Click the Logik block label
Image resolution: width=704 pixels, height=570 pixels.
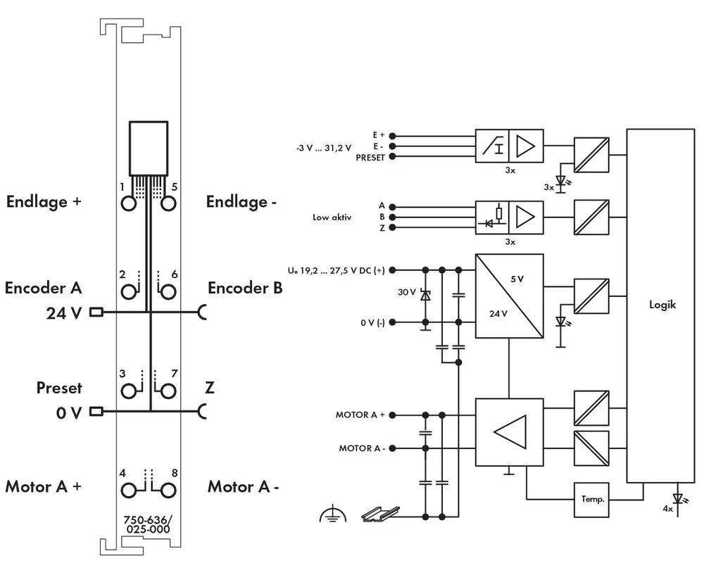point(662,305)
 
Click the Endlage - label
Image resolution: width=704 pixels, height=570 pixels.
point(241,202)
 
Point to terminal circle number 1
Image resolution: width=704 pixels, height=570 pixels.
point(129,203)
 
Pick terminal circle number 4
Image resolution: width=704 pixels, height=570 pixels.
point(129,490)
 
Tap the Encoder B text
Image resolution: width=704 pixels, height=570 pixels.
point(245,288)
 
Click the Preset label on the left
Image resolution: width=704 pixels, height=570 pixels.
point(59,388)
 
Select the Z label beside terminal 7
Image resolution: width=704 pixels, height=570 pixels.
point(210,388)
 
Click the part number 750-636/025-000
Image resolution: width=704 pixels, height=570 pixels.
point(148,525)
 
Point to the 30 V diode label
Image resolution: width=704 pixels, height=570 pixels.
point(408,291)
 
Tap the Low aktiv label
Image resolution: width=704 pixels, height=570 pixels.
point(332,217)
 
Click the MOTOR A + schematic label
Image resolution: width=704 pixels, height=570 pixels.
point(360,415)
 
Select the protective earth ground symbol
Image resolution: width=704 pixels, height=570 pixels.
point(333,515)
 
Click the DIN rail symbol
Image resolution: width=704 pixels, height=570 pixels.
point(380,514)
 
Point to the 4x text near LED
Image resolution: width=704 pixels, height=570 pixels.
point(667,507)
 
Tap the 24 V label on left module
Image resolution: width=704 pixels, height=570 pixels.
point(65,313)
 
